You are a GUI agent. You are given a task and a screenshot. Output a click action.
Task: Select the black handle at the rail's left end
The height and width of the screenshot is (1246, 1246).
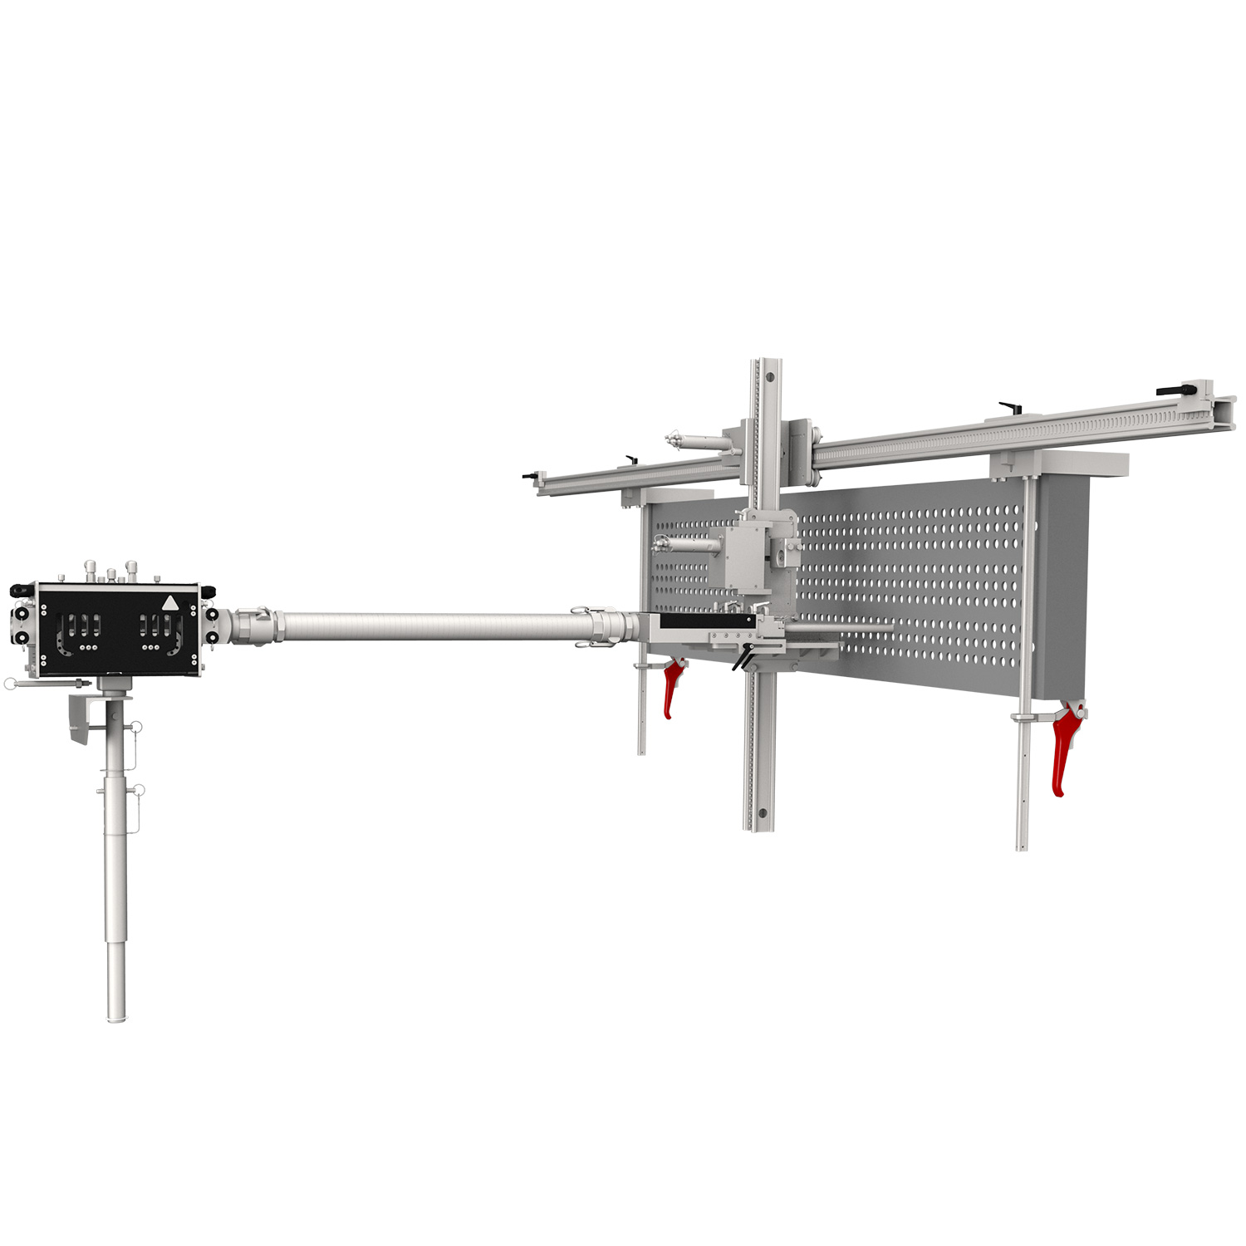click(x=529, y=476)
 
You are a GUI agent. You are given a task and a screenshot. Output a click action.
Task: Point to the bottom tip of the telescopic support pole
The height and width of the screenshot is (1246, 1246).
click(x=115, y=1017)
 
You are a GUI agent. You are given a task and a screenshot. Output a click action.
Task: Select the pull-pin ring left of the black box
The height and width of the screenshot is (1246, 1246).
click(x=9, y=684)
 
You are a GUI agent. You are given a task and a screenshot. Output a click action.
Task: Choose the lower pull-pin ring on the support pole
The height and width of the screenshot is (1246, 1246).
click(x=139, y=789)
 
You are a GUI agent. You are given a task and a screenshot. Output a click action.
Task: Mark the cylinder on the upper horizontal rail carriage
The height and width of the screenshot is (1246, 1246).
click(x=696, y=441)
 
